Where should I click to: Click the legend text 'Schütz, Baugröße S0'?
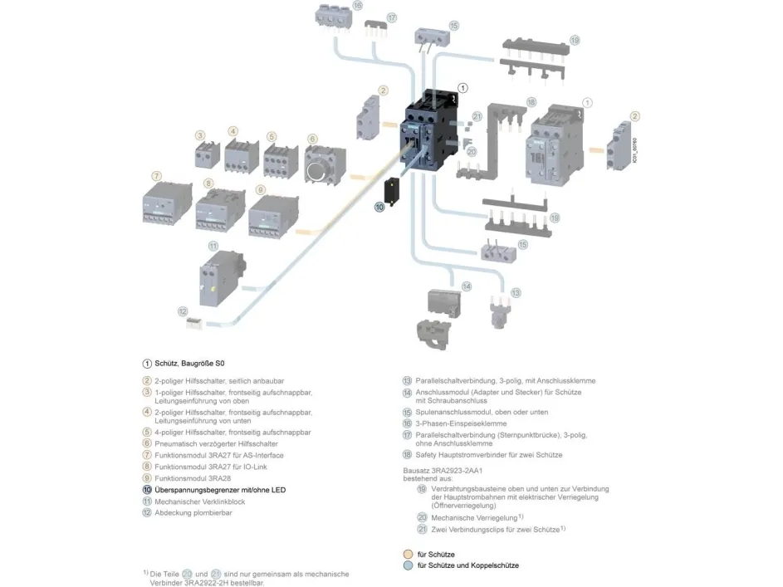[190, 364]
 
